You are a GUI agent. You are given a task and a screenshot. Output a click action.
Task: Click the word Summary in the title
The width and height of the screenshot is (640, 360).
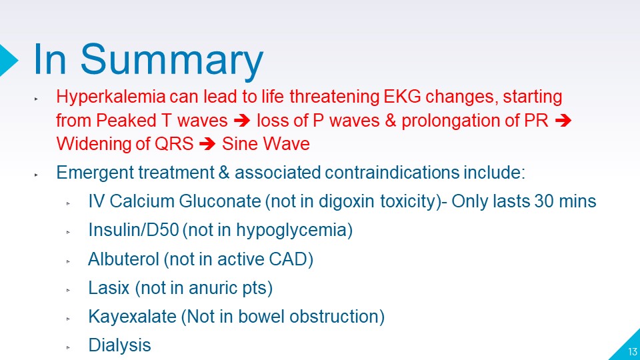[171, 61]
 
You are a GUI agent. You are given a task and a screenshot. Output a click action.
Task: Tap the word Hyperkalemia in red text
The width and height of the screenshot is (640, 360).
[111, 98]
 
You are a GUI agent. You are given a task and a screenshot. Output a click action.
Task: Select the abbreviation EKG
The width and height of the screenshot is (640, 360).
[402, 97]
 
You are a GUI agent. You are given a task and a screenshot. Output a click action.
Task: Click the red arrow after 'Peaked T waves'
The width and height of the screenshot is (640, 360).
[242, 121]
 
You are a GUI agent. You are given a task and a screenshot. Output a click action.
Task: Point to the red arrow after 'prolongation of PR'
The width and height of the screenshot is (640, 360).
[563, 121]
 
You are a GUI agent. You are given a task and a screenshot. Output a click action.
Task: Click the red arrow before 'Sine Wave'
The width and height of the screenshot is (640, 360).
[207, 144]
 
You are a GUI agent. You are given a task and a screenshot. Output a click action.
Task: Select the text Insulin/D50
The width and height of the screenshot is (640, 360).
[133, 230]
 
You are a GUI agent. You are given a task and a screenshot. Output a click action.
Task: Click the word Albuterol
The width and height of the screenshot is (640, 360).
[123, 259]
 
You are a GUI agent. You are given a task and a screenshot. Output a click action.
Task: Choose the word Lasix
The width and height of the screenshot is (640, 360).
[109, 288]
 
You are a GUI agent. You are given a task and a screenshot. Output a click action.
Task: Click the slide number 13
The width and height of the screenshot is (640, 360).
[632, 352]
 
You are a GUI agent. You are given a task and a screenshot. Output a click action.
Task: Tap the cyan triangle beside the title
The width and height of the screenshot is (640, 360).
[7, 61]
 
